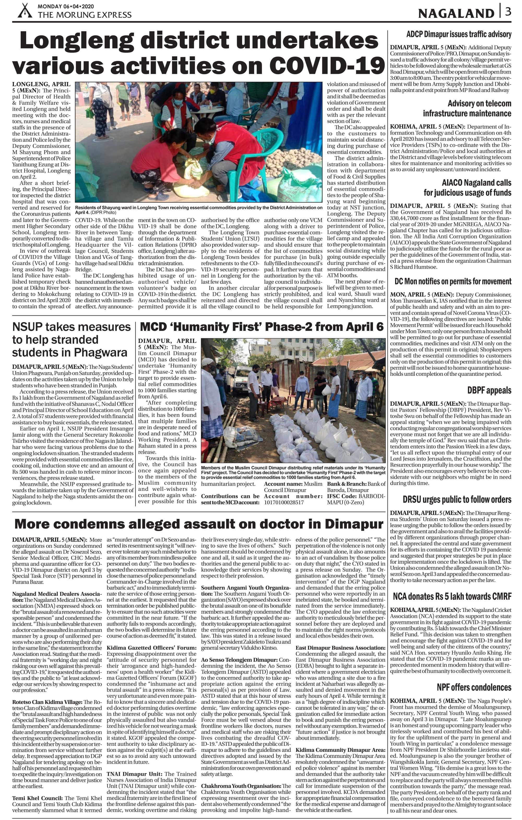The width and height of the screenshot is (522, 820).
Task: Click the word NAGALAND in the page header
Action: click(x=456, y=13)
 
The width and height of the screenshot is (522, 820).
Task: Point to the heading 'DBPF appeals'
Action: click(x=489, y=390)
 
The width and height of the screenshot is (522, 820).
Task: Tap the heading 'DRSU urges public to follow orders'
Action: click(x=457, y=500)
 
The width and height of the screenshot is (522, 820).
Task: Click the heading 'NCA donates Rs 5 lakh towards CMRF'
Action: click(x=452, y=597)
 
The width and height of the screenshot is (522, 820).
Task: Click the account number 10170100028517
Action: click(x=284, y=502)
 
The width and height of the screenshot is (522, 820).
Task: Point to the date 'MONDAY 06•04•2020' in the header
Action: click(x=66, y=6)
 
